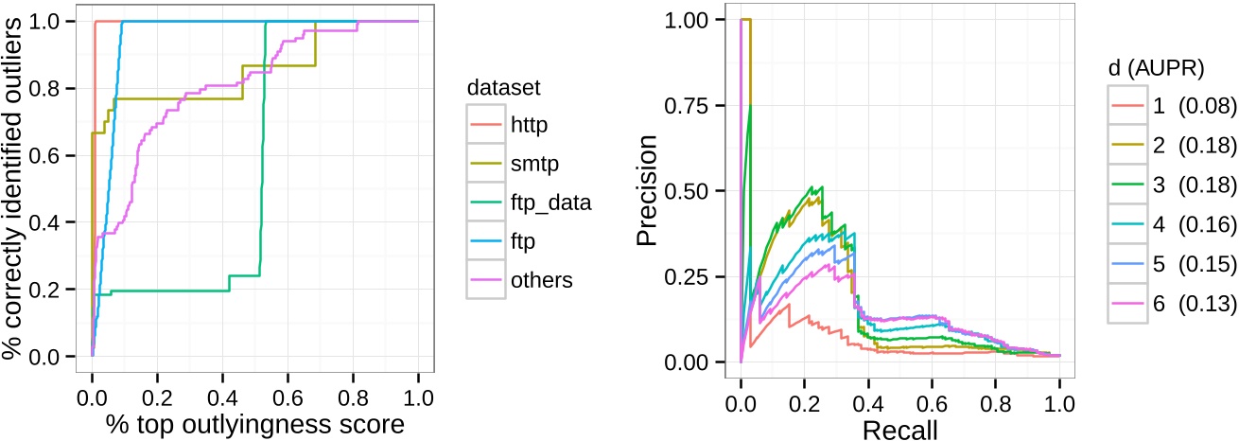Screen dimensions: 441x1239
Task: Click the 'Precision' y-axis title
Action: (648, 191)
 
